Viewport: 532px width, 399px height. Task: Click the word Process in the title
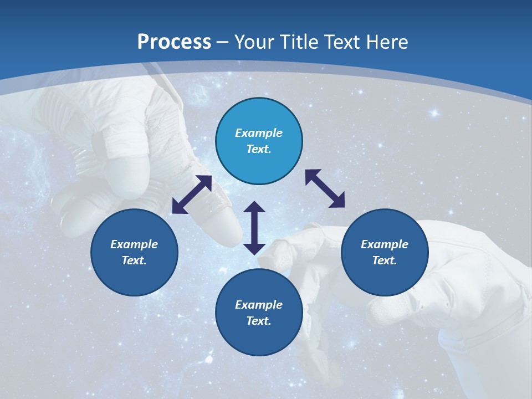click(x=174, y=42)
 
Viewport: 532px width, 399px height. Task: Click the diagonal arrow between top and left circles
click(x=192, y=195)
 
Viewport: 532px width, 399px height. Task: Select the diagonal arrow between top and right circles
click(x=325, y=188)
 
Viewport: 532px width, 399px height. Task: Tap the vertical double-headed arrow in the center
click(x=254, y=228)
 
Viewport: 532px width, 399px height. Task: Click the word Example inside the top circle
click(x=259, y=133)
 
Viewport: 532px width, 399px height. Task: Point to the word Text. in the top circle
click(x=259, y=149)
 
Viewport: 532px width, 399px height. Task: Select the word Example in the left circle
click(x=134, y=244)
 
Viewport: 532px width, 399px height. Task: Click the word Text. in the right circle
click(x=385, y=260)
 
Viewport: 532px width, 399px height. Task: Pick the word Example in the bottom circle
click(x=259, y=305)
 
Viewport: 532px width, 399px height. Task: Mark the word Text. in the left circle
click(x=134, y=260)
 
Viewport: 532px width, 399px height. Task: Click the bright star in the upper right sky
click(x=434, y=114)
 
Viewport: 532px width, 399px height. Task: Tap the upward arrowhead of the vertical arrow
click(x=254, y=207)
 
